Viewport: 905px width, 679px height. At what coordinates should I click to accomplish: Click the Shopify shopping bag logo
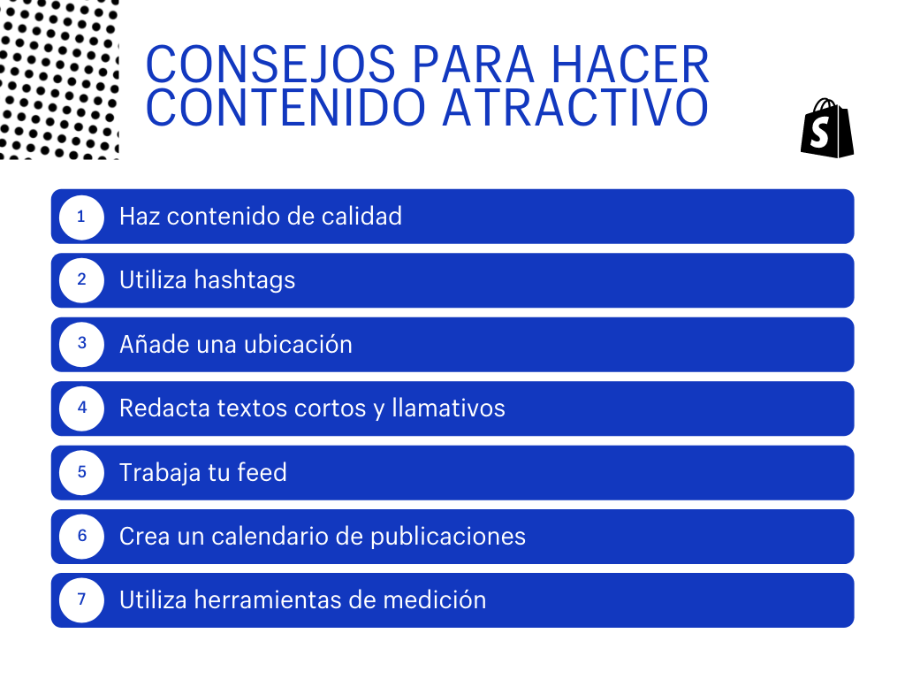point(827,128)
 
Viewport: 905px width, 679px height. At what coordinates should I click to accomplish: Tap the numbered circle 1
point(81,216)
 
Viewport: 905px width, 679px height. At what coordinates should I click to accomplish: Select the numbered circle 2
point(81,280)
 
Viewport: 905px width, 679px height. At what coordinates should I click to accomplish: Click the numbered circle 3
point(81,344)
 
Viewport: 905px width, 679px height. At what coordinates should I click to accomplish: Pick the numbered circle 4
point(81,408)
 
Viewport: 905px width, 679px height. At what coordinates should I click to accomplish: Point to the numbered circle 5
point(81,472)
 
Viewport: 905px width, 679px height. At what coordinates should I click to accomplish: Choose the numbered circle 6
point(81,536)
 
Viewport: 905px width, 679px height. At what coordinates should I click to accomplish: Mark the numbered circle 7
point(81,600)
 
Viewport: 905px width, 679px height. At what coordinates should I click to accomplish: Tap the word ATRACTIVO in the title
point(574,107)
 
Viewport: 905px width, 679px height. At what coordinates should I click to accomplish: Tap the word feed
point(262,472)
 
